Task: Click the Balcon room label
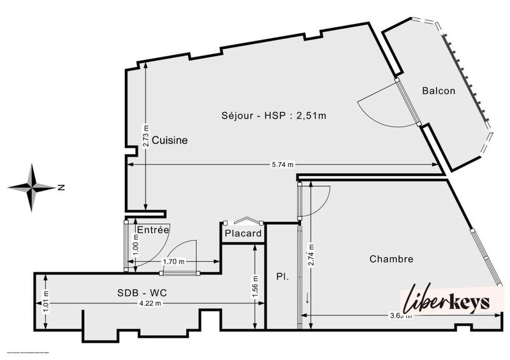coord(439,90)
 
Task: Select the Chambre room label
coord(391,259)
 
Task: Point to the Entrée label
coord(152,229)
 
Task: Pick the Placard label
coord(243,234)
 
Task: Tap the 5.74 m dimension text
coord(284,165)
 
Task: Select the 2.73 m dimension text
coord(145,136)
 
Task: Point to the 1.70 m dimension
coord(173,261)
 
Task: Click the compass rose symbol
coord(32,187)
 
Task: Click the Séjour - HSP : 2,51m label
coord(273,115)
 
